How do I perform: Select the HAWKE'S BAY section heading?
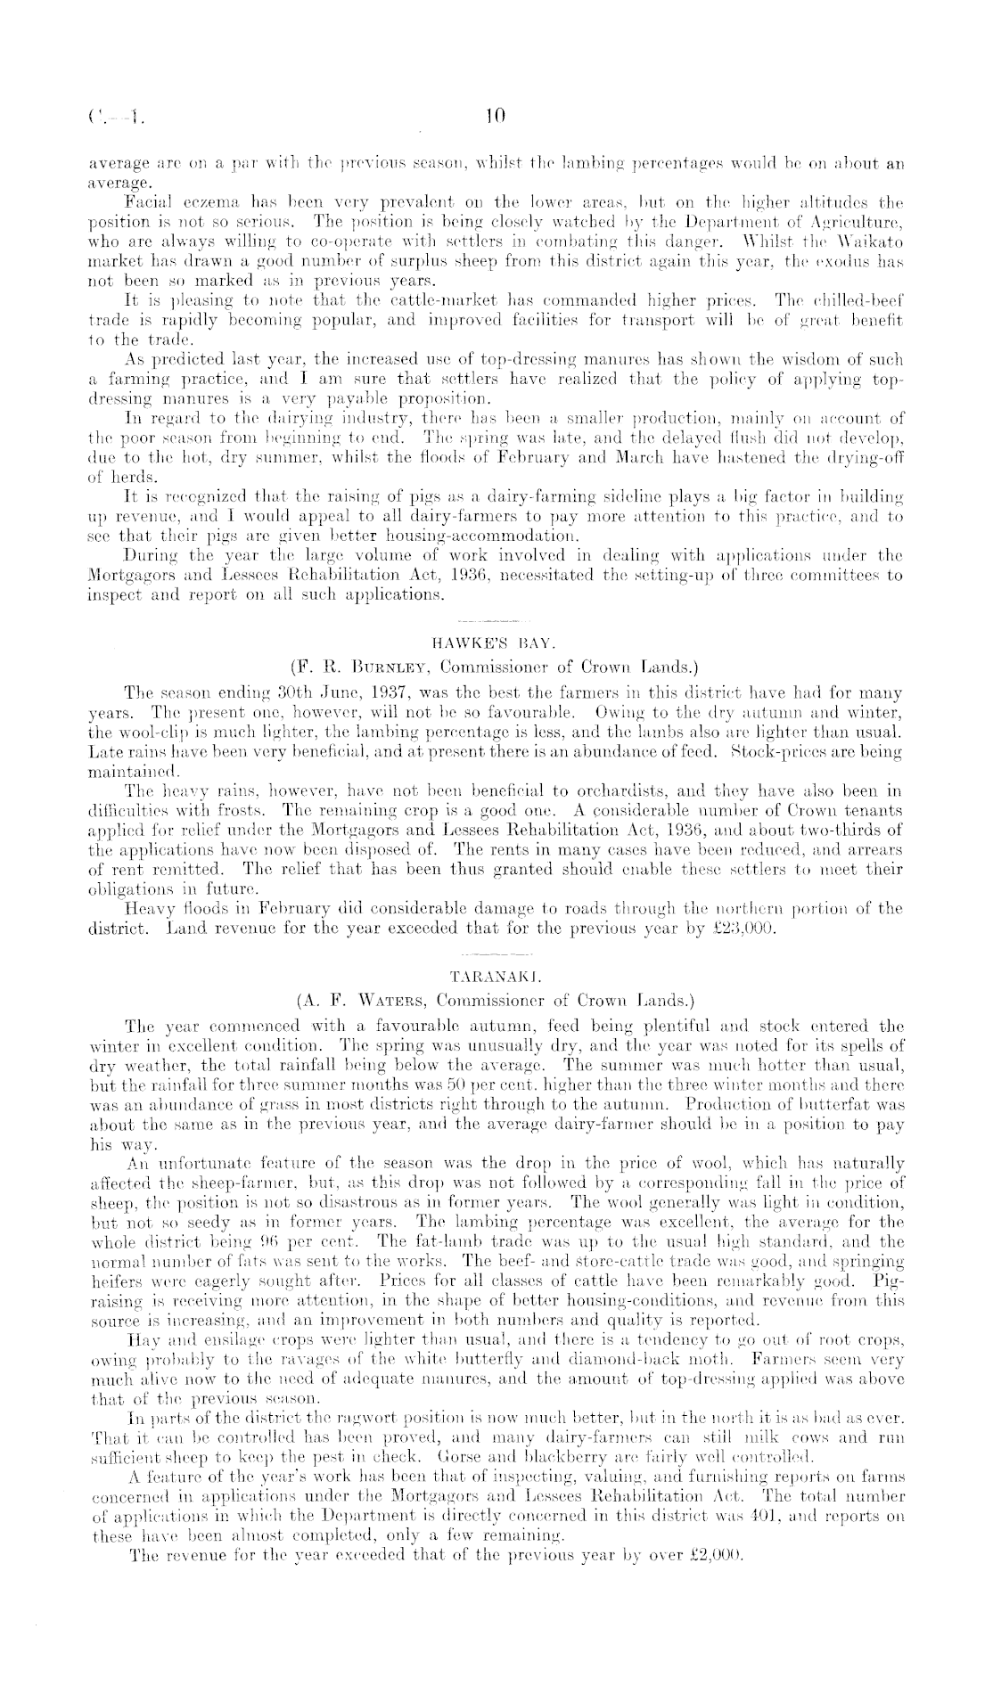(495, 642)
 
